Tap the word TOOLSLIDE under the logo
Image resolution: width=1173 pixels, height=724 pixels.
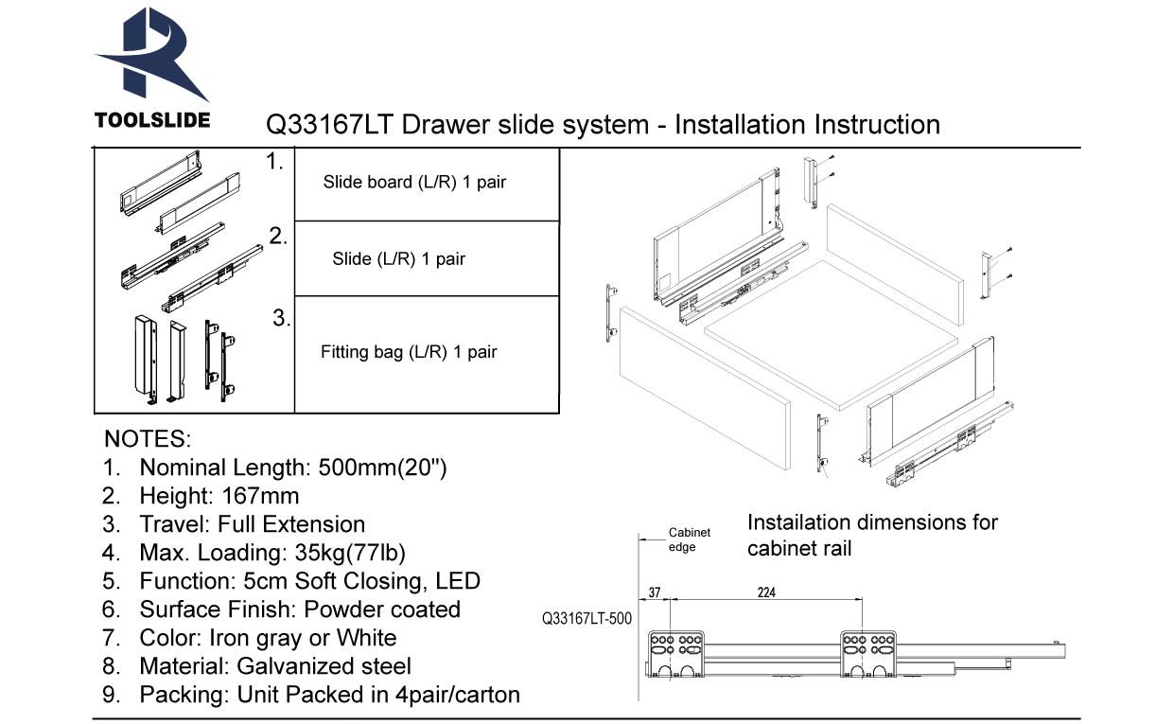pyautogui.click(x=152, y=121)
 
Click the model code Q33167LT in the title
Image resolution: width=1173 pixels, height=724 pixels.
pyautogui.click(x=330, y=125)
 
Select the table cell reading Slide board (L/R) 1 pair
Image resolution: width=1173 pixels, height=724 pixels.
pyautogui.click(x=414, y=183)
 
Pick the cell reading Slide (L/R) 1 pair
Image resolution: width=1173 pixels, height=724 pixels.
pyautogui.click(x=398, y=258)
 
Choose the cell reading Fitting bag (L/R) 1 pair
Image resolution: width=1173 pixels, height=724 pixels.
pyautogui.click(x=409, y=352)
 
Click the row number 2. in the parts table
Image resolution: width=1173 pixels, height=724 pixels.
pyautogui.click(x=278, y=237)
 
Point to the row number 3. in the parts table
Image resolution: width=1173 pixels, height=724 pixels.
pyautogui.click(x=281, y=319)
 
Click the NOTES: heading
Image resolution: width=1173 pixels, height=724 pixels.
pyautogui.click(x=147, y=439)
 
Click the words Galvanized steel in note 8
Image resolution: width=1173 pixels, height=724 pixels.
pyautogui.click(x=324, y=666)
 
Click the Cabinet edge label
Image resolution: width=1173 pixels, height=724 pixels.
pyautogui.click(x=689, y=540)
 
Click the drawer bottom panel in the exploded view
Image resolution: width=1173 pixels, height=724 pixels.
pyautogui.click(x=832, y=336)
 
